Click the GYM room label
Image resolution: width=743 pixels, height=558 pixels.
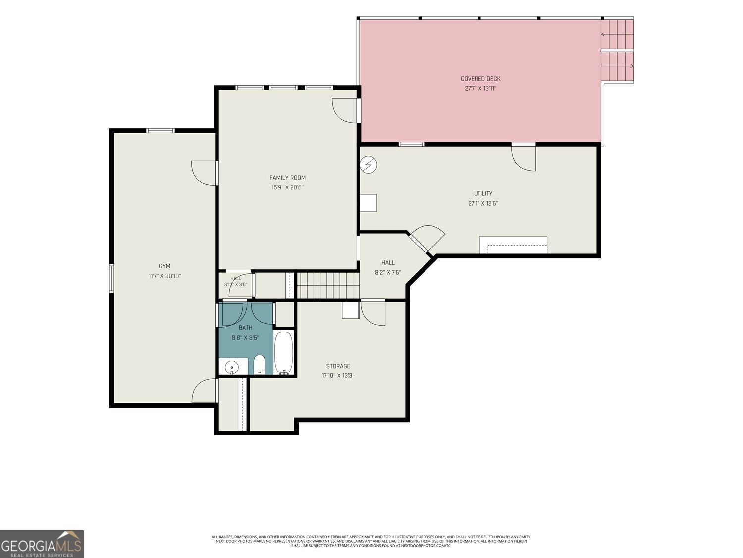164,266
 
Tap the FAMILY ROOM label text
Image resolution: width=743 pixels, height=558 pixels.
287,178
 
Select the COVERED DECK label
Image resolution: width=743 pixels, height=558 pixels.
480,79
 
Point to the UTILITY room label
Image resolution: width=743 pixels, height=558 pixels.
483,193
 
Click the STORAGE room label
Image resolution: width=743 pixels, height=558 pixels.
338,366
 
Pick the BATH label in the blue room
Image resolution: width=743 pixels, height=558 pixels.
245,328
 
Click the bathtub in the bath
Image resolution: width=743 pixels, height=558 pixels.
284,353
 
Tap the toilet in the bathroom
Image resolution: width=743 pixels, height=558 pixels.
260,365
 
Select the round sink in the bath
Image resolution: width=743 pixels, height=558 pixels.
232,367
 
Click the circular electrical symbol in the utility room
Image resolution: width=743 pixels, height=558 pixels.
369,165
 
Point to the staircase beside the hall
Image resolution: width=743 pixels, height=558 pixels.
328,285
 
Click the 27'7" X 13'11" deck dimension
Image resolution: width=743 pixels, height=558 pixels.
480,89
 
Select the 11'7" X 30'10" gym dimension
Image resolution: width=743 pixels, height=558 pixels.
164,276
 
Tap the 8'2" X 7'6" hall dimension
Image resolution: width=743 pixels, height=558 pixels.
388,272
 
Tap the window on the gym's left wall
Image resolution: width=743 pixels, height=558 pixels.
111,278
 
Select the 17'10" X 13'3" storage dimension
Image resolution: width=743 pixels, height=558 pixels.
338,376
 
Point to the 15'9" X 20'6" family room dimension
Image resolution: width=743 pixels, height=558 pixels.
287,187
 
